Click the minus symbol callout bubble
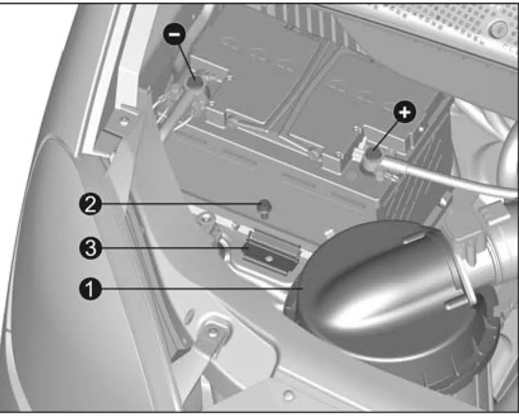click(175, 35)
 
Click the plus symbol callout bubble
click(405, 112)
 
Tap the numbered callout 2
click(90, 204)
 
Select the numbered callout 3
click(90, 248)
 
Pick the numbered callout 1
click(90, 289)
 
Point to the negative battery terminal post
click(195, 83)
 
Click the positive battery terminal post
click(373, 154)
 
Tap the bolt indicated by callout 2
click(265, 208)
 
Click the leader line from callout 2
click(179, 204)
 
